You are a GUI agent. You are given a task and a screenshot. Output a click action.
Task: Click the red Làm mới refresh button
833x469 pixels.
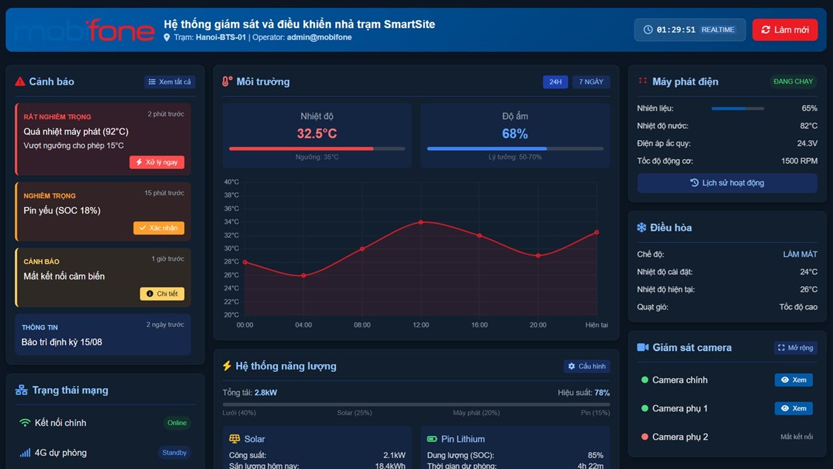pyautogui.click(x=785, y=30)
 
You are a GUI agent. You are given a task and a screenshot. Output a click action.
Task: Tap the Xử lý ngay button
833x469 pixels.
pyautogui.click(x=157, y=162)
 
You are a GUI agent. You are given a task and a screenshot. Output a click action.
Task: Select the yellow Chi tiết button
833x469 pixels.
pyautogui.click(x=162, y=294)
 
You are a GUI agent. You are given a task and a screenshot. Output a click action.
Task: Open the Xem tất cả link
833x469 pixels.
pyautogui.click(x=170, y=82)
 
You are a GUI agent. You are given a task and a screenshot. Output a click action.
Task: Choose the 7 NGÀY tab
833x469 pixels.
pyautogui.click(x=591, y=82)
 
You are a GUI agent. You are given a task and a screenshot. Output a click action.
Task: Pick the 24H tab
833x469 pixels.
pyautogui.click(x=555, y=82)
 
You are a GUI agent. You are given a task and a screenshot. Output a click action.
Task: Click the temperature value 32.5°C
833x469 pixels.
pyautogui.click(x=317, y=134)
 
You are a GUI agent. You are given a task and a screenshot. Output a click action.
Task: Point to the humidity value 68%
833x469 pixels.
pyautogui.click(x=515, y=134)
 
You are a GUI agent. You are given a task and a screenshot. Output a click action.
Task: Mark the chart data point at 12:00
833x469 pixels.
pyautogui.click(x=420, y=222)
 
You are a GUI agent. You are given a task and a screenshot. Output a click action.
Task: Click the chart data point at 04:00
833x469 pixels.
pyautogui.click(x=303, y=276)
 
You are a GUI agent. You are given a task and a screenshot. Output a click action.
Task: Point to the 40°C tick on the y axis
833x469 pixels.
pyautogui.click(x=231, y=182)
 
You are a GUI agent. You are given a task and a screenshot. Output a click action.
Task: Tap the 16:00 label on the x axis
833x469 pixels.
pyautogui.click(x=479, y=325)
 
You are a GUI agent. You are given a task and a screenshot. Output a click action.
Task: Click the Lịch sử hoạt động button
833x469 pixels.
pyautogui.click(x=727, y=183)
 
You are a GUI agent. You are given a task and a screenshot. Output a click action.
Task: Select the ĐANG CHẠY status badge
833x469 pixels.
pyautogui.click(x=793, y=81)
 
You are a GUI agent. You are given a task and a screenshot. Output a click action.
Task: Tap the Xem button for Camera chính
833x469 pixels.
pyautogui.click(x=793, y=380)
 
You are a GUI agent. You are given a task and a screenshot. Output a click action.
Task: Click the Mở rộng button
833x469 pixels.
pyautogui.click(x=795, y=348)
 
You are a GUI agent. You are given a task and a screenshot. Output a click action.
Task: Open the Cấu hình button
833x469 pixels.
pyautogui.click(x=587, y=366)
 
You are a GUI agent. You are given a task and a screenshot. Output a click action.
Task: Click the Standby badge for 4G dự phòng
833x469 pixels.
pyautogui.click(x=174, y=453)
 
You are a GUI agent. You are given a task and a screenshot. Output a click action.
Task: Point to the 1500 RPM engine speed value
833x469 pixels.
pyautogui.click(x=799, y=161)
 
